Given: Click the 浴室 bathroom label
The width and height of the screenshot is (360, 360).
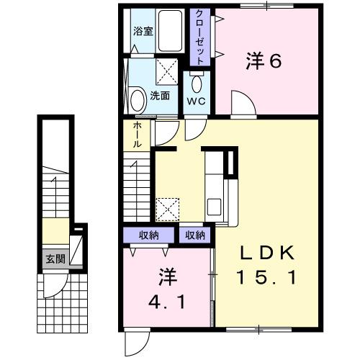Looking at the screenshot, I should [143, 31].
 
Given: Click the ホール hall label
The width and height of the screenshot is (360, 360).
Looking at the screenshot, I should [137, 135].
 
